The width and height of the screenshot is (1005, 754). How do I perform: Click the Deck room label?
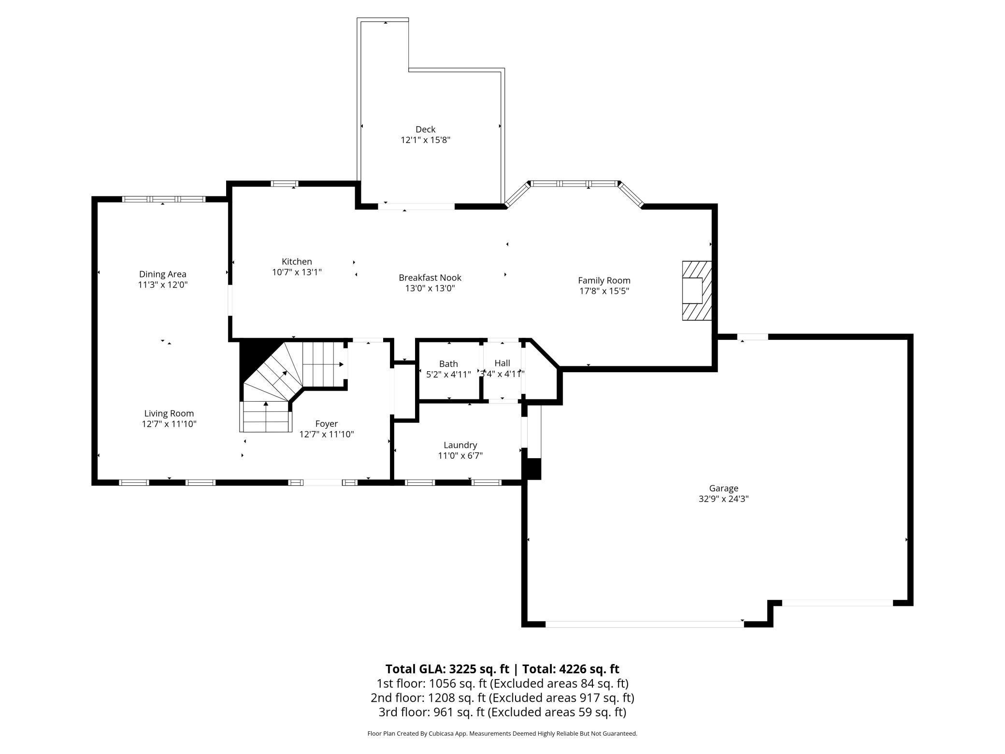click(x=425, y=129)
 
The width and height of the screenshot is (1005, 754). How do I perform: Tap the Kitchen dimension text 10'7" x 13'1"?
click(x=297, y=272)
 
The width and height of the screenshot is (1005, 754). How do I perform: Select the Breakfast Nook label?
click(x=430, y=277)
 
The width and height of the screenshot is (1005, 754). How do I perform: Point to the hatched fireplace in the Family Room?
click(x=697, y=290)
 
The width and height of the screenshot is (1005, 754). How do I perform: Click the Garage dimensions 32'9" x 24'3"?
click(x=723, y=499)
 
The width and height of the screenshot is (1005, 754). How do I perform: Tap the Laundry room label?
click(x=460, y=445)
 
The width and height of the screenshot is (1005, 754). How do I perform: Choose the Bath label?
click(x=448, y=363)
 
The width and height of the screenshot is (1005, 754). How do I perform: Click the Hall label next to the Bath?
click(x=502, y=363)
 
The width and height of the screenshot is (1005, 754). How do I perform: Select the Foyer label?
click(x=326, y=423)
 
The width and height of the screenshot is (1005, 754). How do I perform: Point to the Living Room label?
click(x=169, y=413)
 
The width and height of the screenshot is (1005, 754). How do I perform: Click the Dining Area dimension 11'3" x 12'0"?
click(x=162, y=285)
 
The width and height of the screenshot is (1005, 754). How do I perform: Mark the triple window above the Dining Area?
click(x=164, y=199)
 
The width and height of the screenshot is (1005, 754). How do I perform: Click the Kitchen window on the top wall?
click(x=284, y=184)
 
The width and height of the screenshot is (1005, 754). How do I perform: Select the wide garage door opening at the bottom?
click(x=644, y=624)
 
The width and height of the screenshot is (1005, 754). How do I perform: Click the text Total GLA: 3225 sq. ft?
click(x=447, y=669)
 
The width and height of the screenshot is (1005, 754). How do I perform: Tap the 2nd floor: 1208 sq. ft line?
click(x=502, y=697)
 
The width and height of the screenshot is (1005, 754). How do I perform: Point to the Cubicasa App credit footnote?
click(x=502, y=733)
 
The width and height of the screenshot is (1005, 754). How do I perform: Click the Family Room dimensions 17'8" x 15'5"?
click(x=604, y=291)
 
